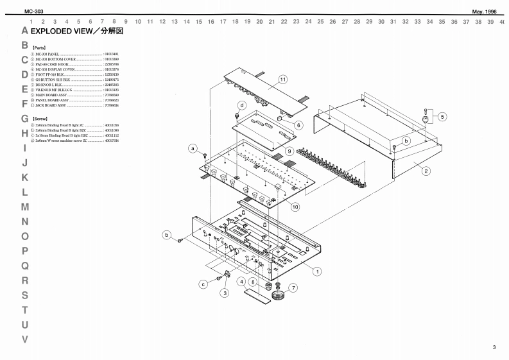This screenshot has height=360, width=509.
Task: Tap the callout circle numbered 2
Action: [426, 171]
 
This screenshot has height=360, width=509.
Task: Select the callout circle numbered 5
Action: [443, 116]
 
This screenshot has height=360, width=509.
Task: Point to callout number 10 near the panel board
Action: [295, 207]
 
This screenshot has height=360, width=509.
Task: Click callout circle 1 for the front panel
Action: [317, 271]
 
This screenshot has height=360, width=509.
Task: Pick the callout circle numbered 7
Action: [293, 287]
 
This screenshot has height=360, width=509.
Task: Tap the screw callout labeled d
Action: [242, 105]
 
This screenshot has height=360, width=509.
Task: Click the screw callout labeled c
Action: [203, 283]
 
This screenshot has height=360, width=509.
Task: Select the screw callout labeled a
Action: [192, 149]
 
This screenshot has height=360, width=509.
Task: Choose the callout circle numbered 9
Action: [289, 151]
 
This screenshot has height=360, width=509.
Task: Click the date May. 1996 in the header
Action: [483, 12]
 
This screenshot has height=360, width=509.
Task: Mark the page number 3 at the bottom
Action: [494, 347]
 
